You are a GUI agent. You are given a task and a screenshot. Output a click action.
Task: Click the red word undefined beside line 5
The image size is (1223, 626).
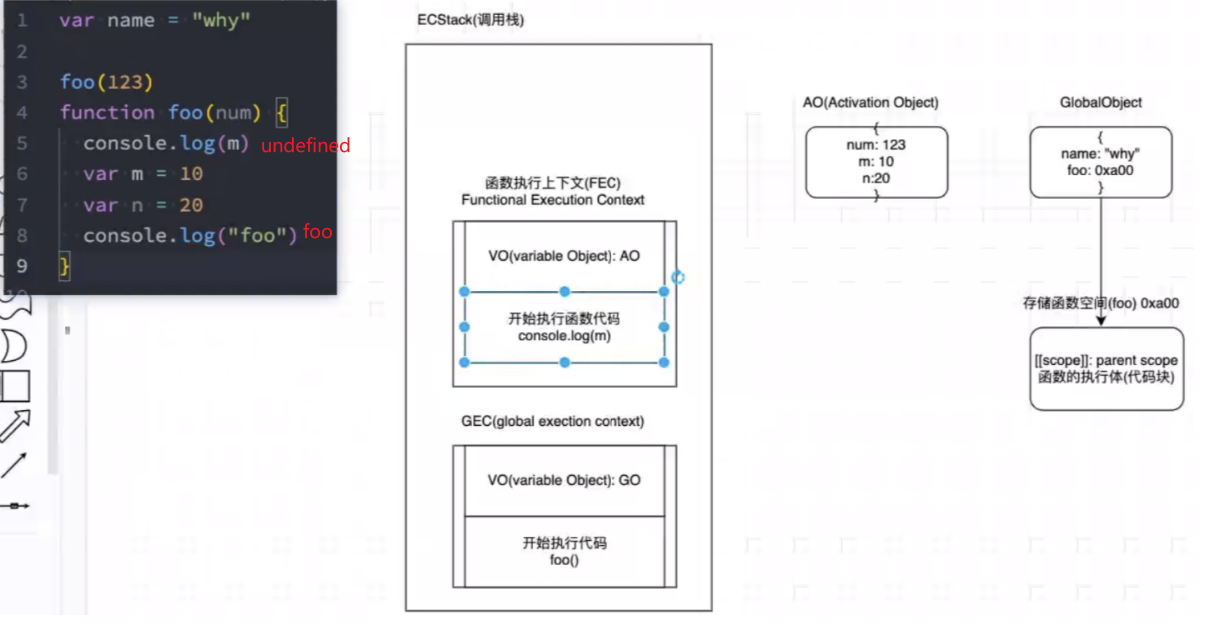[x=306, y=146]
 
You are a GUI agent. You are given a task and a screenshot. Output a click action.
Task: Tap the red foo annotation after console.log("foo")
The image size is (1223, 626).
[x=318, y=232]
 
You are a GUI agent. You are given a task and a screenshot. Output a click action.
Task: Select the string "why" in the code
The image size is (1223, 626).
[x=221, y=21]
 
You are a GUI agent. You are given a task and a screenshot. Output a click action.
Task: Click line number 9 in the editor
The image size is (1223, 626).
[x=22, y=265]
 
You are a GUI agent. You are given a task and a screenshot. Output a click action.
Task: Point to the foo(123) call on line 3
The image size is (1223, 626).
[x=106, y=81]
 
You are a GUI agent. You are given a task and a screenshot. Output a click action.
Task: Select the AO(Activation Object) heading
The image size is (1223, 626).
[x=871, y=103]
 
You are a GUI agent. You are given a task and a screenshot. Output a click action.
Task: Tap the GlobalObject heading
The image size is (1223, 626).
[x=1100, y=103]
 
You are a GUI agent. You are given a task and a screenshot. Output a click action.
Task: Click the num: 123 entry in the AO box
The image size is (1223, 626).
[x=875, y=145]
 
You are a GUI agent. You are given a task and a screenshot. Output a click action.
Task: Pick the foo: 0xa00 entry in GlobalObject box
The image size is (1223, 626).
[x=1100, y=170]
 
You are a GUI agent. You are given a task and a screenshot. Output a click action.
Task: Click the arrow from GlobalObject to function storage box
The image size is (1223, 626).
[x=1101, y=260]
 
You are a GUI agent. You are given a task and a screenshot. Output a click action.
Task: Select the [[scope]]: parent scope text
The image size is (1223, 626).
[x=1106, y=361]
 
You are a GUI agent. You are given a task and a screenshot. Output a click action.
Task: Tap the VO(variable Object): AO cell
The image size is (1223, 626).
[x=564, y=256]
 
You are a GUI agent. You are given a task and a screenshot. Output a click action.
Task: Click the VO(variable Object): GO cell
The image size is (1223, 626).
[x=564, y=480]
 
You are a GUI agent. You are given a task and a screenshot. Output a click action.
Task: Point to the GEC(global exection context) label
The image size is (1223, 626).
[x=552, y=421]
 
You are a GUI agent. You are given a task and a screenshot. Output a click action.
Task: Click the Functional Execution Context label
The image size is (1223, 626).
[x=553, y=200]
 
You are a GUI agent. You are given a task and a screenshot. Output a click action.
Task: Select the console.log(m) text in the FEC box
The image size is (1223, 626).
[x=564, y=336]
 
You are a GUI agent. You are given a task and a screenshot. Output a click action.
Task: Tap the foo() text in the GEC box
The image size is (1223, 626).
[x=564, y=560]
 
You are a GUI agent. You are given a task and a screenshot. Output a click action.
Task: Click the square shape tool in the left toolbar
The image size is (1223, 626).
[x=15, y=387]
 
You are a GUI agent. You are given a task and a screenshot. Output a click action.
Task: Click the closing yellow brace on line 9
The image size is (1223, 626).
[x=65, y=266]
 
